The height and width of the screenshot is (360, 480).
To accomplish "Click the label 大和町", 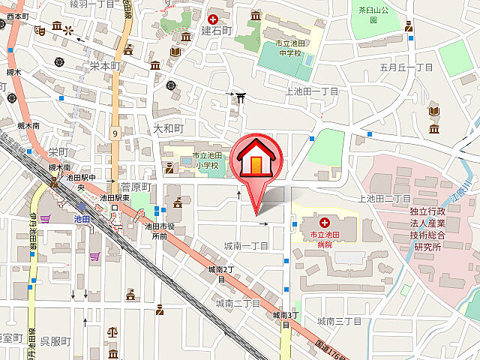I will [168, 129].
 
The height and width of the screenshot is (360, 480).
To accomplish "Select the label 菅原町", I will [136, 186].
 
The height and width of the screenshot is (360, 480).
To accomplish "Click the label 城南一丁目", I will [246, 246].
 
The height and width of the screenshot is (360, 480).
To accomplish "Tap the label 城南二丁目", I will [237, 303].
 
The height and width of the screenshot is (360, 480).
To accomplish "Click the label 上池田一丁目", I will [312, 91].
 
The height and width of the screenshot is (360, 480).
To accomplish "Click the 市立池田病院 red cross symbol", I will [325, 223].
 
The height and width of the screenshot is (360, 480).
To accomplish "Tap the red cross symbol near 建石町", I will [214, 18].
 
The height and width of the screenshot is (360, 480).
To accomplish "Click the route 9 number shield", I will [115, 133].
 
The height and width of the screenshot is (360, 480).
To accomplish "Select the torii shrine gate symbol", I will [238, 96].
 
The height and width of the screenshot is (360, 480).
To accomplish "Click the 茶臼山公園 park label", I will [373, 13].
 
